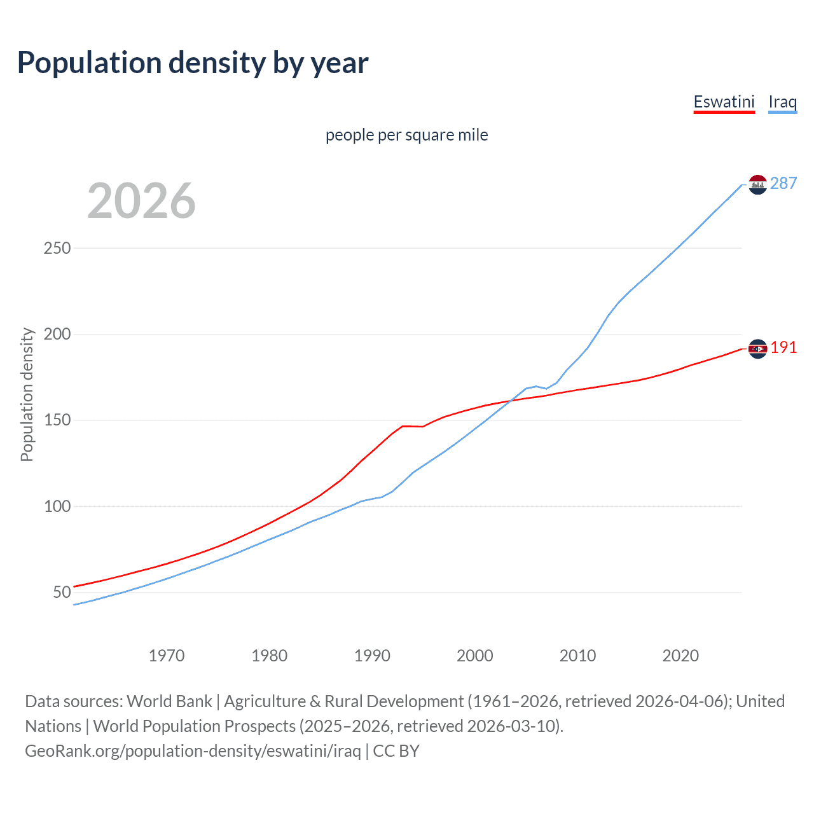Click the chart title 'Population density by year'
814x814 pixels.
[193, 63]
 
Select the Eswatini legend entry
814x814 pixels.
[724, 102]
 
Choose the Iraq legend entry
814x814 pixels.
[782, 102]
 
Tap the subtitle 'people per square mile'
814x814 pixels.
[406, 135]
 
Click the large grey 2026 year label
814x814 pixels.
[141, 201]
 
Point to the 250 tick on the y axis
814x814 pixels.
[57, 248]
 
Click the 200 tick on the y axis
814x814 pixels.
[57, 334]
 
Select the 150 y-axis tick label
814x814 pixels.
[57, 420]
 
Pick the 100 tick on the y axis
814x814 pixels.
[57, 506]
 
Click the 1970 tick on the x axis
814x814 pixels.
[167, 656]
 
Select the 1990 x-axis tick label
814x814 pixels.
[372, 656]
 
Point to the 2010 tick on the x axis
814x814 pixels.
[577, 656]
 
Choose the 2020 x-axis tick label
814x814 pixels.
[680, 656]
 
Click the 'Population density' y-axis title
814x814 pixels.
[27, 394]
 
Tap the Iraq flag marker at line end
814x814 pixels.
[757, 184]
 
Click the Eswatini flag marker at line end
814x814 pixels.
[757, 348]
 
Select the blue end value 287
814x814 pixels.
[783, 183]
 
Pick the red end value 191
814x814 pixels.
[783, 347]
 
